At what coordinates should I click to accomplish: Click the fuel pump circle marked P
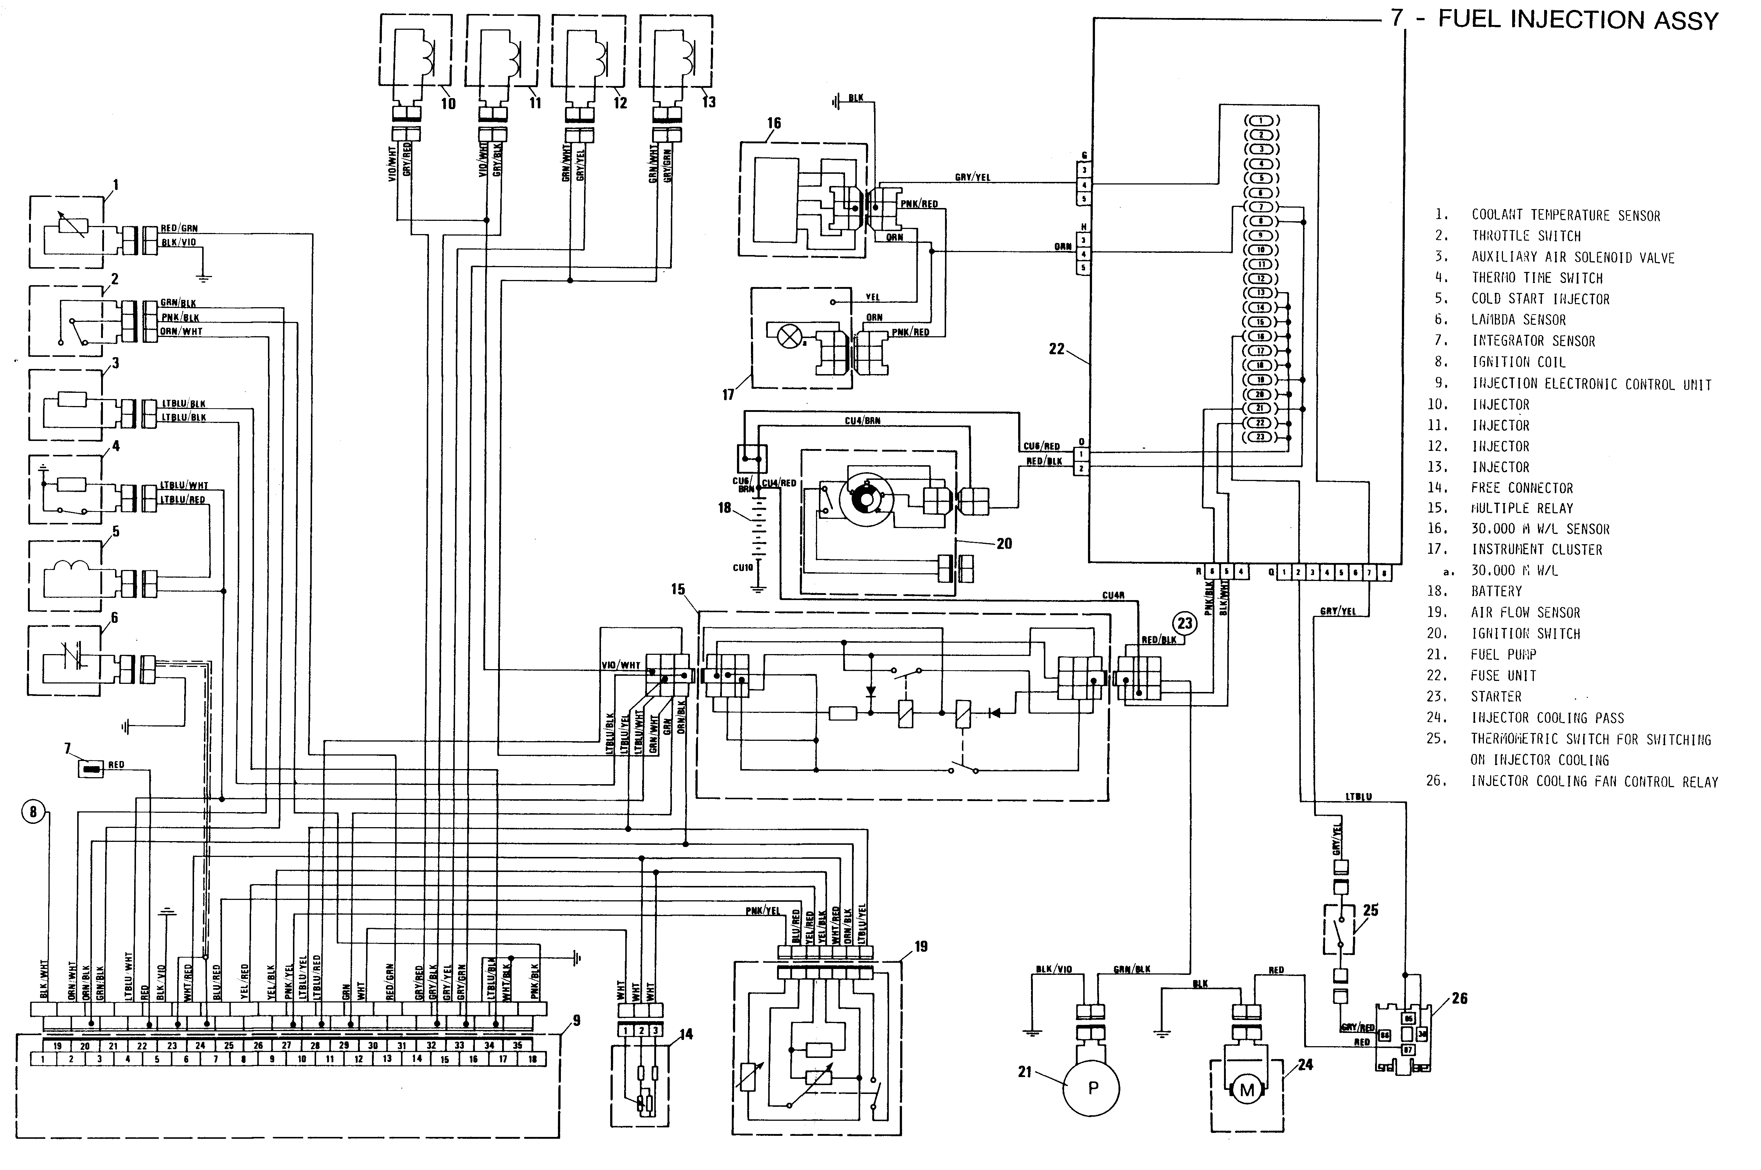click(1092, 1088)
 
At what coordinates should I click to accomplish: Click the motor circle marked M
click(1247, 1090)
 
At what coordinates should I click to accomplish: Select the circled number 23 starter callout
click(1185, 623)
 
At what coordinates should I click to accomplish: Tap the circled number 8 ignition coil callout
click(33, 812)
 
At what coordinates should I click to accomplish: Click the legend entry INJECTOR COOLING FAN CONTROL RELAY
click(1594, 781)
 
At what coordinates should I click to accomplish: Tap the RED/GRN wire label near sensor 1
click(179, 228)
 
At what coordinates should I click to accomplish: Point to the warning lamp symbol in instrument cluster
click(789, 337)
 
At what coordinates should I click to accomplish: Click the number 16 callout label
click(774, 123)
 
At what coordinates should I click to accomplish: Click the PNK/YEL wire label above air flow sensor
click(763, 910)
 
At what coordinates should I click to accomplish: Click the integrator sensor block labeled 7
click(91, 769)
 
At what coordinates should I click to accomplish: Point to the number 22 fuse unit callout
click(1057, 348)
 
